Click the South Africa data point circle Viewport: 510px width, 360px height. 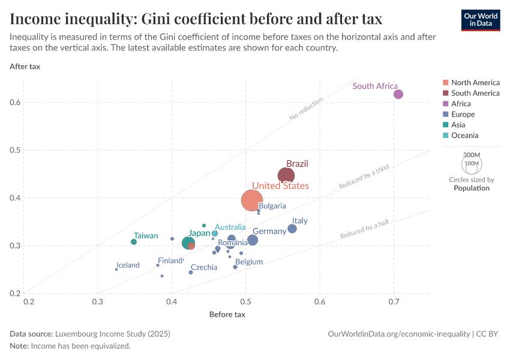click(x=398, y=94)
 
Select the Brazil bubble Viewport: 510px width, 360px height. click(x=286, y=176)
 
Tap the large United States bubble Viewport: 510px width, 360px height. click(x=253, y=200)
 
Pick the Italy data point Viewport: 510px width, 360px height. click(x=292, y=229)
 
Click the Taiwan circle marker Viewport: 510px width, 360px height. click(x=134, y=242)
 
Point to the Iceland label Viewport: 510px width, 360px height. click(x=128, y=265)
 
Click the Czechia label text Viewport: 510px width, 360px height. click(x=204, y=268)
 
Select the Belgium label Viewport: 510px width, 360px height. click(x=249, y=262)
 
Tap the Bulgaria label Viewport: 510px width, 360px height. click(x=272, y=206)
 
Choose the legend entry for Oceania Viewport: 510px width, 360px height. click(x=464, y=136)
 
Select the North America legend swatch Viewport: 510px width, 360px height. click(x=445, y=83)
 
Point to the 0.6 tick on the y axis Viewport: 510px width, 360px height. click(x=15, y=103)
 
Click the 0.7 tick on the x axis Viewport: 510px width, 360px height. click(x=394, y=300)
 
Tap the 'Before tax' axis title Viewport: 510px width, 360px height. click(x=227, y=314)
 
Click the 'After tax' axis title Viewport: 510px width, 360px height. click(x=25, y=66)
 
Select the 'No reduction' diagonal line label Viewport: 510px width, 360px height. click(x=306, y=109)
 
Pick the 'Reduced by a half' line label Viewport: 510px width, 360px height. click(x=364, y=229)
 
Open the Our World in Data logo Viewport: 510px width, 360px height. click(x=481, y=19)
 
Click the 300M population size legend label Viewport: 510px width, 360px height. click(x=472, y=154)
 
